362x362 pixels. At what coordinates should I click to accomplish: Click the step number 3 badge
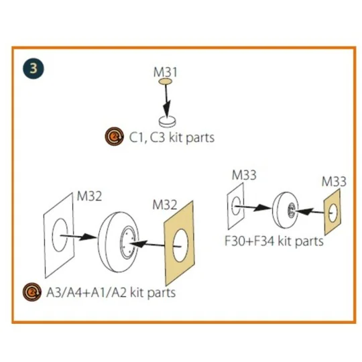[x=34, y=68]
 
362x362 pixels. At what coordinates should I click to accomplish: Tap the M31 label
[x=166, y=72]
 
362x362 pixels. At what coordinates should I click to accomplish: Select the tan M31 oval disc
[x=165, y=82]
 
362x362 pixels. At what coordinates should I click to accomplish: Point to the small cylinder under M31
[x=167, y=121]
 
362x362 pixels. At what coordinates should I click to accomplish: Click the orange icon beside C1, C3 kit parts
[x=114, y=136]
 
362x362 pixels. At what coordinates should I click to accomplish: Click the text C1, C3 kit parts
[x=172, y=137]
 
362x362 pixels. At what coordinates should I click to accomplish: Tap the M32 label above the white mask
[x=89, y=196]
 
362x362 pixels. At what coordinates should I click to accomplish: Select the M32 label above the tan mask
[x=165, y=204]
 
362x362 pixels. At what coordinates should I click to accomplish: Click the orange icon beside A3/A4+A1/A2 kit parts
[x=32, y=292]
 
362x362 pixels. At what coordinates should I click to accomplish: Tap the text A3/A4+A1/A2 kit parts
[x=111, y=293]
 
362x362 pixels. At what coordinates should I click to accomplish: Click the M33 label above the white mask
[x=244, y=175]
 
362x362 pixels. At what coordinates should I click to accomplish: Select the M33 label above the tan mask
[x=334, y=182]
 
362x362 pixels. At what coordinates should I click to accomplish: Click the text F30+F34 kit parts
[x=274, y=241]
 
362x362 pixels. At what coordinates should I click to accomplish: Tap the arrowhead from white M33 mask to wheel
[x=262, y=208]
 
